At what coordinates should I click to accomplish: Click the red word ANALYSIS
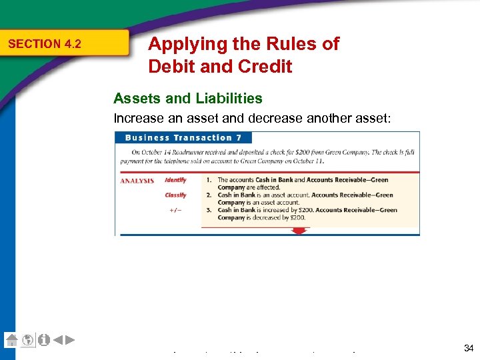click(137, 181)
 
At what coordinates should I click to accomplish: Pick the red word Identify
click(176, 180)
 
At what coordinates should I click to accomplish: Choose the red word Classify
click(176, 195)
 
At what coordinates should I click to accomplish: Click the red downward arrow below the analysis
click(299, 231)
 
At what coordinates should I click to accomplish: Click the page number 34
click(468, 348)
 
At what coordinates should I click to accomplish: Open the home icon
click(11, 340)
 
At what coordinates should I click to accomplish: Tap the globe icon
click(28, 340)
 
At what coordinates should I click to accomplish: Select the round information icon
click(44, 340)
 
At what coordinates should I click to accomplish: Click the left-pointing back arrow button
click(58, 340)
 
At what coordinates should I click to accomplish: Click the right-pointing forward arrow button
click(70, 340)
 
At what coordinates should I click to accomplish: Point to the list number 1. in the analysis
click(209, 180)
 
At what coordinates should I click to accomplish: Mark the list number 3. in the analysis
click(209, 211)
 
